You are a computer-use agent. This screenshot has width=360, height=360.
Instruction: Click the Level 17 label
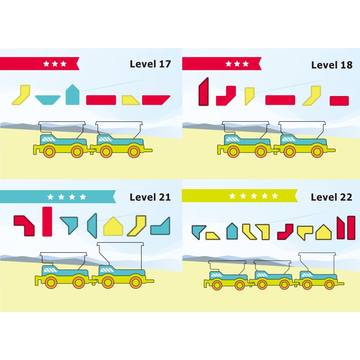tap(150, 64)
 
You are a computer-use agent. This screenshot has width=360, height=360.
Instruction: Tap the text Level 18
tap(332, 65)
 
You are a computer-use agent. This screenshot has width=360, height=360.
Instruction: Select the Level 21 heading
tap(150, 197)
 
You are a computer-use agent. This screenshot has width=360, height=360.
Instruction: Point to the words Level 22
tap(331, 197)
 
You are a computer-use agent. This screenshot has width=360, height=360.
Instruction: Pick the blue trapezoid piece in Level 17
tap(48, 100)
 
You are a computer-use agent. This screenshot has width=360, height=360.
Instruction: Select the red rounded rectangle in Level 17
tap(101, 100)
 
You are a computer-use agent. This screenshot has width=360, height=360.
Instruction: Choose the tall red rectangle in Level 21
tap(47, 221)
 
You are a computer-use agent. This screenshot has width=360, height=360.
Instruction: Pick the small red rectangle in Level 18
tap(339, 101)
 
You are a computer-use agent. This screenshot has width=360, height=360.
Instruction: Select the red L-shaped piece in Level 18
tap(226, 96)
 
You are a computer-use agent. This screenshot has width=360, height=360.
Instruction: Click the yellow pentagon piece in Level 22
tap(324, 232)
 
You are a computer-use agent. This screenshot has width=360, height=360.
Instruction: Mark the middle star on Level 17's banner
tap(55, 64)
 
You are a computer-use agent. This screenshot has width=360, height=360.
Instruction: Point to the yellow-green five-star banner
tap(239, 196)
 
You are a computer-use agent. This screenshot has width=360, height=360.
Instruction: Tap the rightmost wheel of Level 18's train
tap(318, 152)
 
